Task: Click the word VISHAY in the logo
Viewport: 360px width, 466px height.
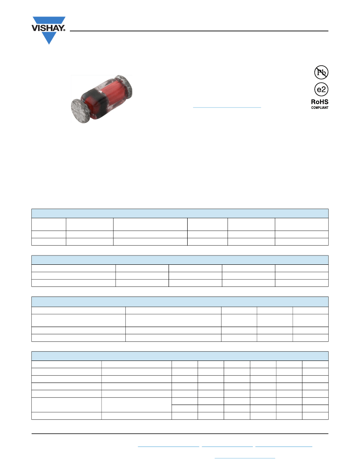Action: coord(47,28)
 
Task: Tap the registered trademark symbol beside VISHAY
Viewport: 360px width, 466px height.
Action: coord(64,30)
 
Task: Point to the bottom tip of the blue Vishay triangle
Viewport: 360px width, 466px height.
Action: coord(49,44)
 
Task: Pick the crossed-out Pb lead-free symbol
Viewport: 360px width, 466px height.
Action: coord(321,72)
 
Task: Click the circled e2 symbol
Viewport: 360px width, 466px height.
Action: coord(321,89)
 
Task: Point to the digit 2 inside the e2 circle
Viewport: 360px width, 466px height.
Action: coord(324,89)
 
